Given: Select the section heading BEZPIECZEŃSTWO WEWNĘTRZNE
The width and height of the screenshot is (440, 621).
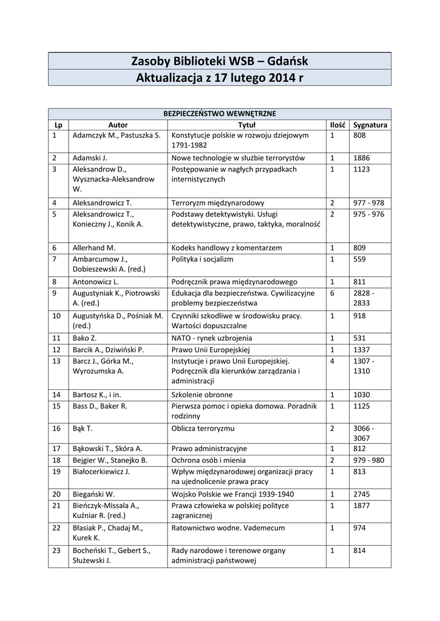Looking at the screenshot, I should (220, 113).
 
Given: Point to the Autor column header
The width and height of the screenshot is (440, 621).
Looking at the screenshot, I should (118, 124).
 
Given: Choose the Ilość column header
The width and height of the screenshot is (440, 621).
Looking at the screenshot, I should (337, 124).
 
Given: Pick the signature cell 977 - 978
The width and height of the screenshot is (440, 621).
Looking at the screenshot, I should (368, 203).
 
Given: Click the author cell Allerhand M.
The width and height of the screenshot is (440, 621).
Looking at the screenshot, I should (93, 248).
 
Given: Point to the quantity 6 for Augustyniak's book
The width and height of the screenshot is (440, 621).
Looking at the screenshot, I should (332, 293).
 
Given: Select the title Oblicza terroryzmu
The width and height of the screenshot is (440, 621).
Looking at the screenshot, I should (203, 428).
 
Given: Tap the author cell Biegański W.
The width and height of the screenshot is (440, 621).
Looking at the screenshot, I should (93, 494).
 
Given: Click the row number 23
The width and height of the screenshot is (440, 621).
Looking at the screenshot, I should (56, 551).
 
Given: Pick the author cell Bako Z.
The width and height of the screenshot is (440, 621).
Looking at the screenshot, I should (84, 338).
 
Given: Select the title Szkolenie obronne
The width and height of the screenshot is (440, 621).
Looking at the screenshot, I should (202, 394).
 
